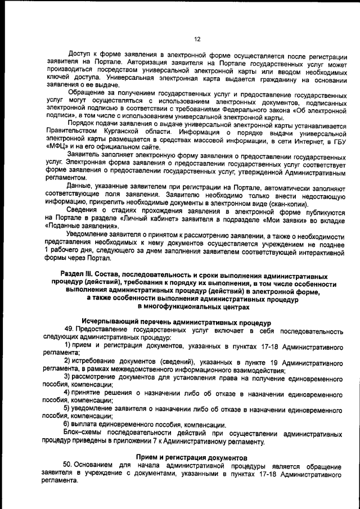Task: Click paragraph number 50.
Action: click(69, 466)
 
